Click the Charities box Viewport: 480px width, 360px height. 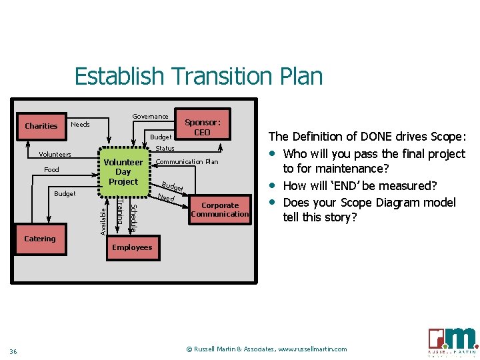(x=41, y=125)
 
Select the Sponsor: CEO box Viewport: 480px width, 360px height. (x=202, y=127)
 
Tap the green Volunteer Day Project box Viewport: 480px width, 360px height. (x=123, y=171)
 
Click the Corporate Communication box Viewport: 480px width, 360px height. (x=219, y=209)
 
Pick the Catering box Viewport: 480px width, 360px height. (x=40, y=239)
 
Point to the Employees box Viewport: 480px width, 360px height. (x=132, y=247)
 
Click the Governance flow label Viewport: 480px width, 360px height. (x=150, y=116)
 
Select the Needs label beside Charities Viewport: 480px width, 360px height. (x=80, y=125)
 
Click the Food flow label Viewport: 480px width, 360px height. (x=51, y=169)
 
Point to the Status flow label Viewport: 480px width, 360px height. (x=165, y=148)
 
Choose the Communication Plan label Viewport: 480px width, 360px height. (x=187, y=161)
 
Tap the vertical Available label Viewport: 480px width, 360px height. (x=103, y=221)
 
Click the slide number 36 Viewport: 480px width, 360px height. (x=13, y=351)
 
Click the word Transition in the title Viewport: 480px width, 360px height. (x=221, y=77)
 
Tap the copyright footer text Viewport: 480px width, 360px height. (x=267, y=349)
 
